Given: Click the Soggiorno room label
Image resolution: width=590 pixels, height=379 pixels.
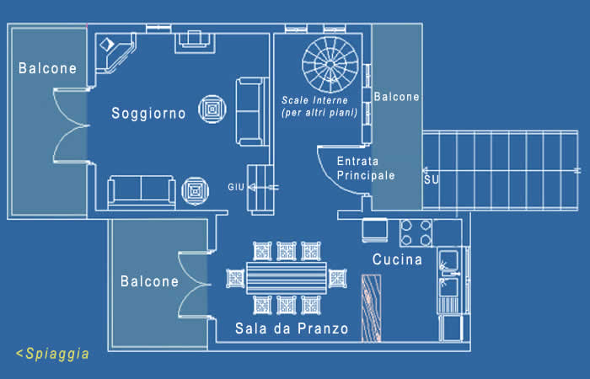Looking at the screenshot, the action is click(x=148, y=114).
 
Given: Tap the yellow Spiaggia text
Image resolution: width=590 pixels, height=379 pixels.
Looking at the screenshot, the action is click(x=52, y=354).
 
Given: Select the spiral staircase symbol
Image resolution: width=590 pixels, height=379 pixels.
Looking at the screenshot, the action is click(x=330, y=64).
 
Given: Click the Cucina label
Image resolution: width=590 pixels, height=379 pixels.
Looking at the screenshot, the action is click(x=397, y=259).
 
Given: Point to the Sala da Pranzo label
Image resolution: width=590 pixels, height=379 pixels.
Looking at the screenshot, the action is click(x=292, y=328).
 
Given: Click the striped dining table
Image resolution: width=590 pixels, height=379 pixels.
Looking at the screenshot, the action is click(x=287, y=278).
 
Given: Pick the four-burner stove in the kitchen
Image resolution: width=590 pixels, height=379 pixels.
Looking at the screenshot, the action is click(x=416, y=233).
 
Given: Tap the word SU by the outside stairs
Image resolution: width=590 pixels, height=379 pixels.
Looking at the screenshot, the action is click(x=432, y=179).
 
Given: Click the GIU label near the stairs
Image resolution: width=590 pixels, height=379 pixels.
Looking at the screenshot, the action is click(x=236, y=187).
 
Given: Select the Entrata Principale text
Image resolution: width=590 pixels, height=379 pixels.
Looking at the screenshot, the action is click(x=366, y=168).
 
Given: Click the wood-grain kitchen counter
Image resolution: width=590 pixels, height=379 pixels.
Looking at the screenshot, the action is click(x=372, y=308).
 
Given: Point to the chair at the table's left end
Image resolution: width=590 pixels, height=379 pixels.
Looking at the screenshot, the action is click(x=235, y=279).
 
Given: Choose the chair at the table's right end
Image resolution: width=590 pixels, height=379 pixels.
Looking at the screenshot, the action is click(x=337, y=278).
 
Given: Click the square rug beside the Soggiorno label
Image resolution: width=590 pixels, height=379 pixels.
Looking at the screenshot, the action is click(x=212, y=109).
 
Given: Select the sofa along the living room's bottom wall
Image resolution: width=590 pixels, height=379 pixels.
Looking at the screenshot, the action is click(x=142, y=191).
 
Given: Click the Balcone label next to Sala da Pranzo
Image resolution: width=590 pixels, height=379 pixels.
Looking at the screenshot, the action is click(x=149, y=281).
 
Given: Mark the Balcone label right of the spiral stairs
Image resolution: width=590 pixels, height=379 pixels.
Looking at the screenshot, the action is click(x=397, y=97).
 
